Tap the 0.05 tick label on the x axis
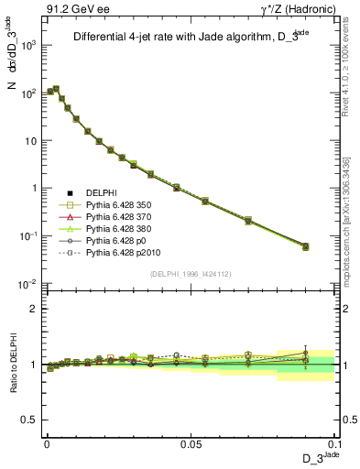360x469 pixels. click(191, 442)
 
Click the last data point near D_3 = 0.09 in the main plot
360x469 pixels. click(306, 246)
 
